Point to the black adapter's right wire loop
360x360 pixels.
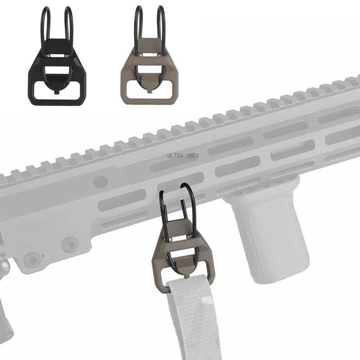click(68, 27)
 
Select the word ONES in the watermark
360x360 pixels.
click(191, 156)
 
